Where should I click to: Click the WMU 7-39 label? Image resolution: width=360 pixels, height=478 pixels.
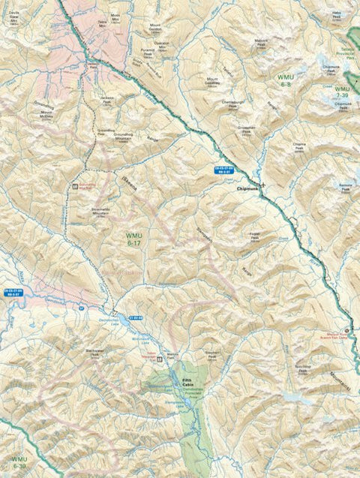pos(343,92)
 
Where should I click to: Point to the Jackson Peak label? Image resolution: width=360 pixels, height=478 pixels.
pos(108,100)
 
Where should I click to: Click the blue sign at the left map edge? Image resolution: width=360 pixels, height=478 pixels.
pos(12,293)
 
